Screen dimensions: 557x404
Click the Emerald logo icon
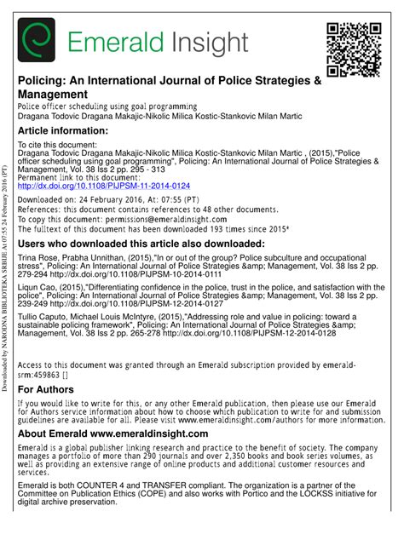[38, 41]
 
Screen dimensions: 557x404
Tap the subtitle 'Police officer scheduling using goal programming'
[107, 106]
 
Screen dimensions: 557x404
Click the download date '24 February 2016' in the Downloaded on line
[124, 198]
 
